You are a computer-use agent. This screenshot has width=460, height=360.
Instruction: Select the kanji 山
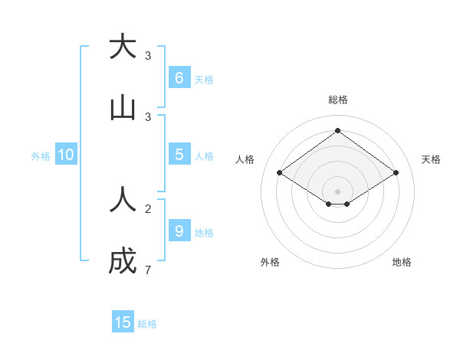tap(123, 108)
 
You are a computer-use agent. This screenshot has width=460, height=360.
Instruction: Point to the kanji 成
tap(123, 262)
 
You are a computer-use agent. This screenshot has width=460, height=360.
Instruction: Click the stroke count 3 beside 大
tap(148, 56)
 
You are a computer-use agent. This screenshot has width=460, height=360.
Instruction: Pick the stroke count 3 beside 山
tap(148, 117)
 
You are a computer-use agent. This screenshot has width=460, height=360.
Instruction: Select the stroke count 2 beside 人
tap(148, 208)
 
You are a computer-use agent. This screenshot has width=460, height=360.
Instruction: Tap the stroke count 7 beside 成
tap(148, 270)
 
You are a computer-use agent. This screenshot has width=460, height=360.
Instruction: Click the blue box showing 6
tap(179, 77)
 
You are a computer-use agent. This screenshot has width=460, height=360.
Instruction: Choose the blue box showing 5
tap(179, 154)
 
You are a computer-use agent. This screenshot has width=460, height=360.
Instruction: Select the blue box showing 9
tap(179, 231)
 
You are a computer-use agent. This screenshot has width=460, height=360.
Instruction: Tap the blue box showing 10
tap(66, 155)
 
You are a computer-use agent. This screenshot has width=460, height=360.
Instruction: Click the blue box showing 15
tap(123, 322)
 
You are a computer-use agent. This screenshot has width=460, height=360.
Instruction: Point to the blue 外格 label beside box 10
tap(41, 156)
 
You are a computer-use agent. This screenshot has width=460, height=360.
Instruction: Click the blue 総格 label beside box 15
tap(147, 324)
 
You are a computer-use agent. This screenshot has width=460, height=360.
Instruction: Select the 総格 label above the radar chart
tap(337, 100)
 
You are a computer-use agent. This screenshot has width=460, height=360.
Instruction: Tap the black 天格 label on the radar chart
tap(431, 159)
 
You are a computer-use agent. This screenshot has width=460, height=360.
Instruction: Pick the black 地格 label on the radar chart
tap(402, 262)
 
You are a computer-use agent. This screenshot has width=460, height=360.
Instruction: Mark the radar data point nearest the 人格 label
tap(279, 173)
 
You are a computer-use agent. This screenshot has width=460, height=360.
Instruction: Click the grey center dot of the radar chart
tap(337, 191)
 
